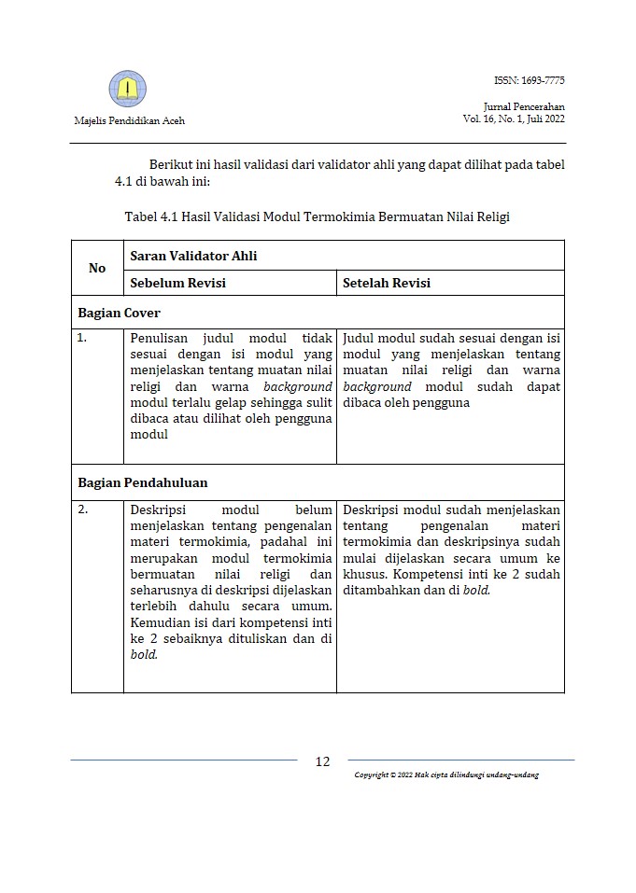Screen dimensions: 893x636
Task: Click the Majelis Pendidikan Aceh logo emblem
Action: click(128, 90)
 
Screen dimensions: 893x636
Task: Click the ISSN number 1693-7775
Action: click(529, 80)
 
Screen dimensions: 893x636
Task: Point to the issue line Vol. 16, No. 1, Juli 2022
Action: click(514, 119)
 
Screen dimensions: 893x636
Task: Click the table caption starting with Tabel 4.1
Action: click(317, 216)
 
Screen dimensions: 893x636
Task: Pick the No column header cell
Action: click(97, 269)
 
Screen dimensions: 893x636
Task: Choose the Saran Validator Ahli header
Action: click(193, 256)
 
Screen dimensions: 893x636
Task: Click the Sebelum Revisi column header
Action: click(177, 283)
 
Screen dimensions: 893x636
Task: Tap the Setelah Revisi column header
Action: click(387, 283)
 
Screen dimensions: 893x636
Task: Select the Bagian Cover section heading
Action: click(119, 313)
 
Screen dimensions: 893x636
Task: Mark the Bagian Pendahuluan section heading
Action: click(142, 482)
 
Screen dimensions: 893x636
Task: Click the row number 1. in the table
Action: click(82, 338)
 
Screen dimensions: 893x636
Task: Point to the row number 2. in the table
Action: click(82, 509)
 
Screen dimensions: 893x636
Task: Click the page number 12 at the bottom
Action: click(322, 761)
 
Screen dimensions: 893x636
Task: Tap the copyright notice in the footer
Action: click(446, 775)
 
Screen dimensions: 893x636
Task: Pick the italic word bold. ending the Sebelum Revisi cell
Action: click(144, 654)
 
